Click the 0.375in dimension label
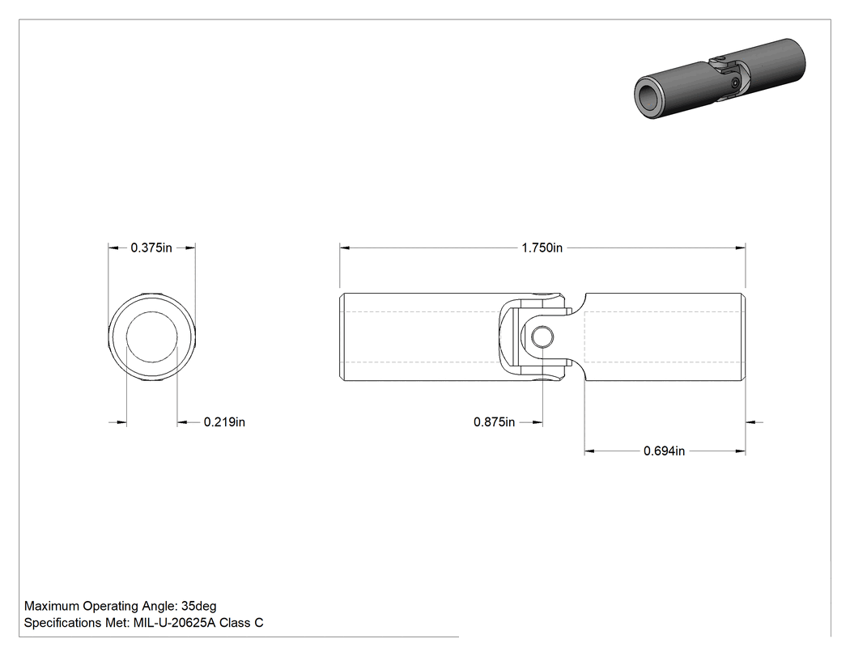[x=151, y=248]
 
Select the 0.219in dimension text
[x=224, y=422]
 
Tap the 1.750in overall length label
[x=542, y=248]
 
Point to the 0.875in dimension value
[x=495, y=422]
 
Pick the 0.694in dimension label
[x=664, y=451]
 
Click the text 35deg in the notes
[x=198, y=606]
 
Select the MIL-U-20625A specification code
[x=174, y=623]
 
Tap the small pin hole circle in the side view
[x=542, y=337]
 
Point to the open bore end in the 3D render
[x=648, y=99]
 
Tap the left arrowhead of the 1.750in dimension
[x=345, y=248]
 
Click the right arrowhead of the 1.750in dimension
[x=740, y=248]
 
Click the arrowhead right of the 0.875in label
[x=538, y=422]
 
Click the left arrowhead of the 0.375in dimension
[x=113, y=248]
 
